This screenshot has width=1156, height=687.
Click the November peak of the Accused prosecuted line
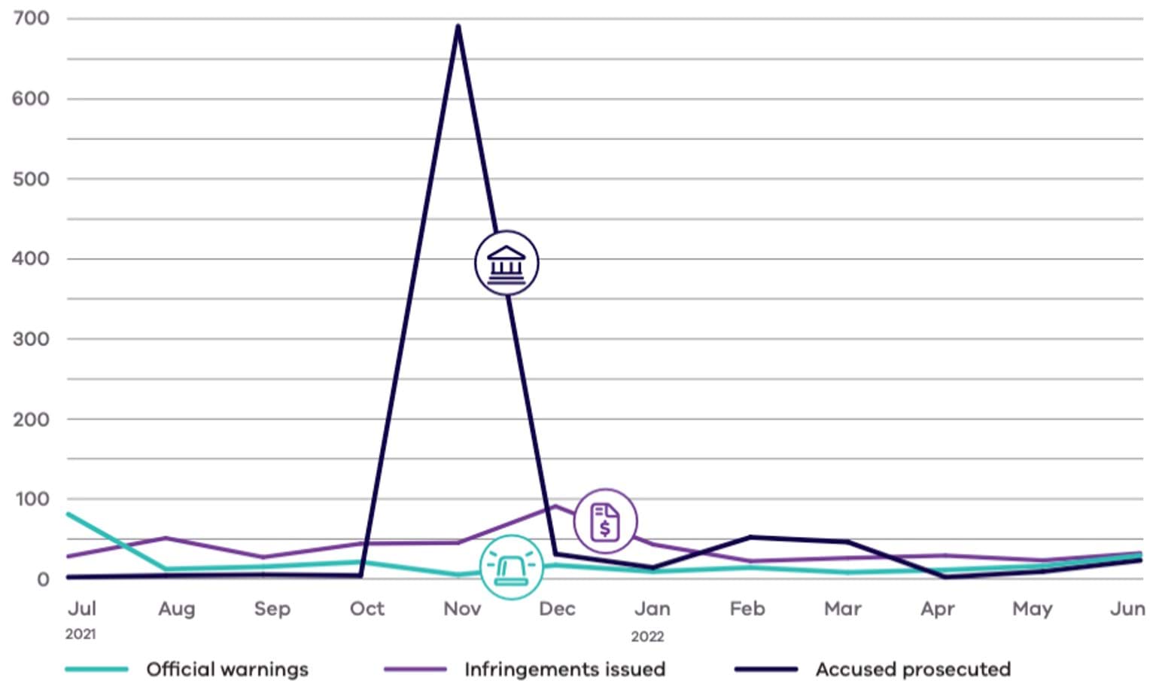458,26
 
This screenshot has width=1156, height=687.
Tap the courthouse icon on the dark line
507,263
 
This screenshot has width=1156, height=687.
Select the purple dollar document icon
605,521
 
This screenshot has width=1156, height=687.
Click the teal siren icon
511,567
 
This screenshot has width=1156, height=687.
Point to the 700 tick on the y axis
31,18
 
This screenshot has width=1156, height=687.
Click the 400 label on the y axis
31,258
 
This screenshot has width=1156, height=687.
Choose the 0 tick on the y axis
43,579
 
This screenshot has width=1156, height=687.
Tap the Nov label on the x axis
461,609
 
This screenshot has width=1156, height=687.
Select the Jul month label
81,609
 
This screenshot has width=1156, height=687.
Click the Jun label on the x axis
1127,609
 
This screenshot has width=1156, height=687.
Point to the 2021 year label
81,634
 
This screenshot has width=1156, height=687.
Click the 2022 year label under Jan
647,637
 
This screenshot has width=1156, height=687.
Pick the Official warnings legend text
227,669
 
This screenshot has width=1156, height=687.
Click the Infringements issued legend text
564,669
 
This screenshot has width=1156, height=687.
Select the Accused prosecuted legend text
913,669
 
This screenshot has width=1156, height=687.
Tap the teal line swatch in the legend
96,669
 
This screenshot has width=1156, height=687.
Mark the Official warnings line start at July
68,514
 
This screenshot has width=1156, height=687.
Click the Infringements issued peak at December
555,506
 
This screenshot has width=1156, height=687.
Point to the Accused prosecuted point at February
750,537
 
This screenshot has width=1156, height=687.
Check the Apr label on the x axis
937,609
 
